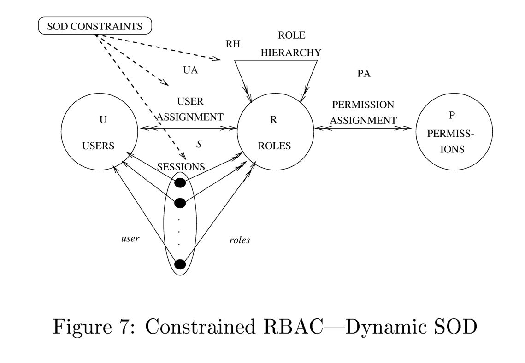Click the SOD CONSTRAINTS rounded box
[x=94, y=26]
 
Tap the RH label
[x=233, y=44]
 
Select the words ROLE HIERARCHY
[x=291, y=44]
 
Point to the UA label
[x=190, y=70]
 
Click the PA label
[x=364, y=74]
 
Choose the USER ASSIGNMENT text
[x=190, y=109]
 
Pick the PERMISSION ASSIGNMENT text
[x=363, y=112]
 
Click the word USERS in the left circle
[x=98, y=146]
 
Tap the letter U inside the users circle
[x=103, y=120]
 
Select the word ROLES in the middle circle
[x=274, y=146]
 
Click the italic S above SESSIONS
[x=199, y=144]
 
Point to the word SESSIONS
[x=181, y=167]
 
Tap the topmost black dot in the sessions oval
[x=180, y=183]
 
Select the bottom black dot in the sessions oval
[x=180, y=264]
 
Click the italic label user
[x=130, y=239]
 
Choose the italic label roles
[x=240, y=240]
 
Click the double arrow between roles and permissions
[x=363, y=129]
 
